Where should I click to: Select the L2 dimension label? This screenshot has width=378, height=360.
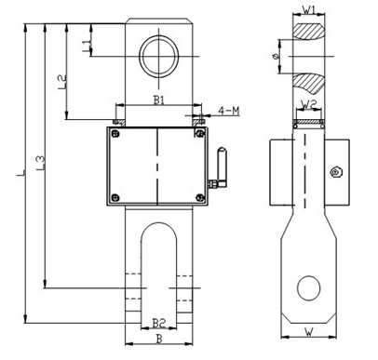[x=62, y=82]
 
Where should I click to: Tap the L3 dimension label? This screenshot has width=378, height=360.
[x=41, y=163]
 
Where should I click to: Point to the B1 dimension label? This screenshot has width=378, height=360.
[x=159, y=100]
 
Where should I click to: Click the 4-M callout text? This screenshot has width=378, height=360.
[x=229, y=111]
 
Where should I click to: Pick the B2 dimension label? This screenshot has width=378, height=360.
[x=159, y=324]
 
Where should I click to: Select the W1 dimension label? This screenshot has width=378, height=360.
[x=309, y=10]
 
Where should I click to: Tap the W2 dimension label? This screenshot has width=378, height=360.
[x=309, y=105]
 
